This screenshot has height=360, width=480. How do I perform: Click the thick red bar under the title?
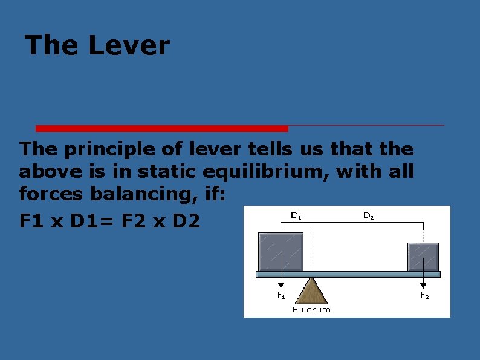pos(162,128)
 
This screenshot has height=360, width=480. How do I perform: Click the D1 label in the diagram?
pos(297,215)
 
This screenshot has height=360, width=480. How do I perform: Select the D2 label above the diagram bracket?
pos(368,215)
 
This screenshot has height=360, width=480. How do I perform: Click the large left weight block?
pos(281,252)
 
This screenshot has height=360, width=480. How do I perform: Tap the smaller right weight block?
pos(423,257)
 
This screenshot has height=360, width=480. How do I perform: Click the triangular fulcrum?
pos(311,292)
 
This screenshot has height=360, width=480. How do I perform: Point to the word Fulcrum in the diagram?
pos(311,309)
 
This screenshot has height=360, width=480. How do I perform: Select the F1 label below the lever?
pos(281,295)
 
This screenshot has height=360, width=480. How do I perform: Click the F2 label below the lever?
pos(425,295)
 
